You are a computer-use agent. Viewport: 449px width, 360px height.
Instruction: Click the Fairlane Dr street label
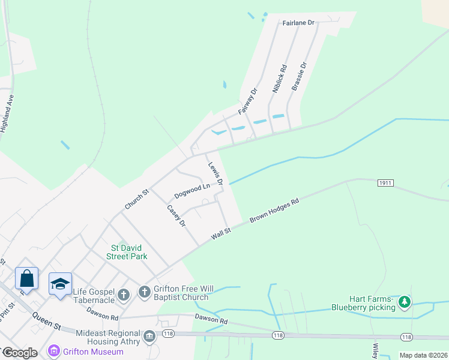[x=298, y=23]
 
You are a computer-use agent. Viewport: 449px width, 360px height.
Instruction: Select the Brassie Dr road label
[x=299, y=76]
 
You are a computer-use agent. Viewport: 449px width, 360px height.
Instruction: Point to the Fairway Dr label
[x=247, y=101]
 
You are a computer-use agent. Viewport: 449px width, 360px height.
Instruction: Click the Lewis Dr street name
[x=215, y=173]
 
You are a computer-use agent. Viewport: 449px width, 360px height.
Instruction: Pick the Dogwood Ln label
[x=192, y=191]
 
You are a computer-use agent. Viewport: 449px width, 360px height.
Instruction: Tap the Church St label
[x=136, y=200]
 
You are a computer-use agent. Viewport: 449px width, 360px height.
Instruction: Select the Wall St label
[x=221, y=233]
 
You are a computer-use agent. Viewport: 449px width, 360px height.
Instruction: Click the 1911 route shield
[x=385, y=182]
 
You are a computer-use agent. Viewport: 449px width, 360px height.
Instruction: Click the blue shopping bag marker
[x=27, y=278]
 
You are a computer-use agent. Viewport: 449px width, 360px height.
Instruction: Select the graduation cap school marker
[x=60, y=284]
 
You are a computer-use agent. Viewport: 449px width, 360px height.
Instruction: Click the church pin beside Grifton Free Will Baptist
[x=144, y=292]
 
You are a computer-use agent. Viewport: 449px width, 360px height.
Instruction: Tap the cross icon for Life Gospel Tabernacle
[x=123, y=295]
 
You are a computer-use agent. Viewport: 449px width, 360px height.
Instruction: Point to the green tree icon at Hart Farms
[x=405, y=302]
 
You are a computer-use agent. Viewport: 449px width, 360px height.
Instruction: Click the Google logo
[x=19, y=353]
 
